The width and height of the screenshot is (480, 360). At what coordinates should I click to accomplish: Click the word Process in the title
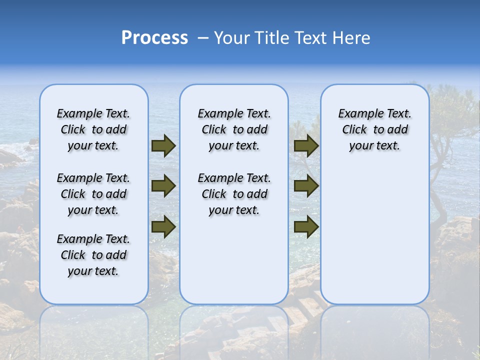point(154,38)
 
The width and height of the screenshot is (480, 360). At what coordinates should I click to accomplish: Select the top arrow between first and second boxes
point(163,146)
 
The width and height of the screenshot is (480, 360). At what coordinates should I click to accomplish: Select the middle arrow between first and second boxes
point(163,186)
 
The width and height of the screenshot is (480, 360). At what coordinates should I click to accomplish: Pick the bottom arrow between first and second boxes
point(163,227)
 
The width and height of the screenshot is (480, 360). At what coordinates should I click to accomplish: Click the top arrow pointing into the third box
point(306,146)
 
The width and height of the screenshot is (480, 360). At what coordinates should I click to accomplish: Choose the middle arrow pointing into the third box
point(306,186)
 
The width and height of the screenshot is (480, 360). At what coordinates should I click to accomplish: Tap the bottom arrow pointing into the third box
point(306,227)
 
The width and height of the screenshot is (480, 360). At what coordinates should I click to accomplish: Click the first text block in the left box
point(93,129)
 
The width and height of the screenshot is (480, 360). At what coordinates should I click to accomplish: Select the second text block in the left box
point(93,194)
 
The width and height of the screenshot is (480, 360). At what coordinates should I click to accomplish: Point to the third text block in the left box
point(93,255)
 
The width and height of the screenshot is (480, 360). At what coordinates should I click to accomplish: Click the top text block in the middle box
point(234,129)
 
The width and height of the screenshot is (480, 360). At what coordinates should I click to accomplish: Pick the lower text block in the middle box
point(234,194)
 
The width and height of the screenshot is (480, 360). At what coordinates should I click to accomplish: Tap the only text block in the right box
point(374,129)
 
